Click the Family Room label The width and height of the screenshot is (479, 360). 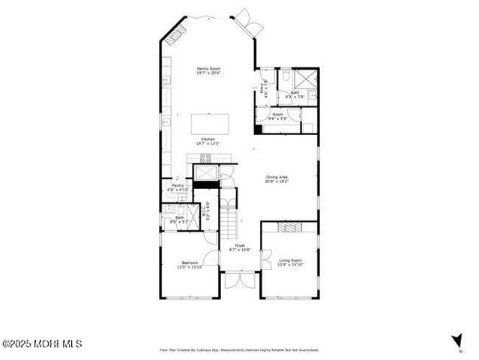[208, 70]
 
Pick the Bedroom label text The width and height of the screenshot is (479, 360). [188, 265]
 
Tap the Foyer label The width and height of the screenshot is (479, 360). [240, 247]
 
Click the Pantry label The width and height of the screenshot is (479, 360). [178, 187]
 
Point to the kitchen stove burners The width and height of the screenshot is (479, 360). [205, 157]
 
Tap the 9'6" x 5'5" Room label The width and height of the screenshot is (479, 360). [279, 117]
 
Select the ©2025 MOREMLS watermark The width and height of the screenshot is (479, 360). [42, 343]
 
